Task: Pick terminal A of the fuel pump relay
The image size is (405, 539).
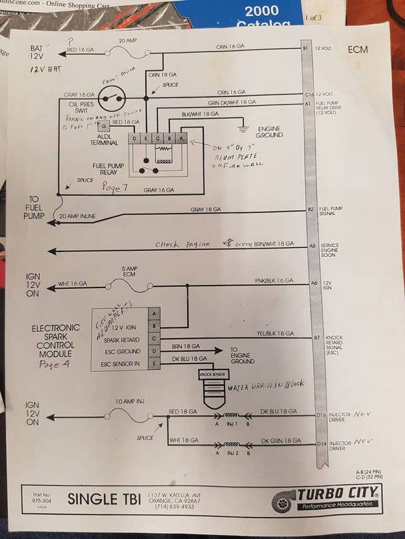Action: tap(183, 138)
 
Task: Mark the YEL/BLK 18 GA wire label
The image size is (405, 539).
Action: tap(273, 333)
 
